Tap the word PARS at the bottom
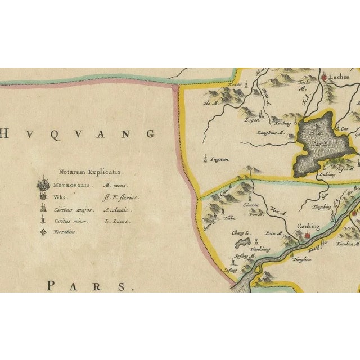91,285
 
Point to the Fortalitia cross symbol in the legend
43,231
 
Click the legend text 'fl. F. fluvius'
120,197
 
